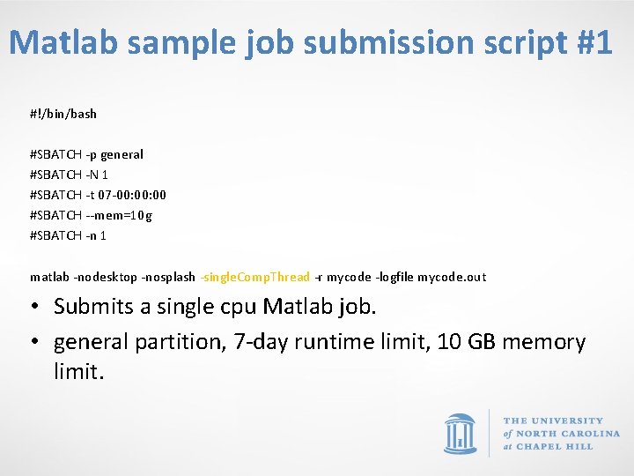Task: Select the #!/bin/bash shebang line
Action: point(63,114)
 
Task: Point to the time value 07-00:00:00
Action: point(132,195)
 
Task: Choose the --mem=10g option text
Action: point(118,215)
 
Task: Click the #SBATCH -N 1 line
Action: point(69,175)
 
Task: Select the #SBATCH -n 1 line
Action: point(69,235)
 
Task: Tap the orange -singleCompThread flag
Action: point(255,277)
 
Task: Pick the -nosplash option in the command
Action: point(168,277)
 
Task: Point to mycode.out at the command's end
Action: point(451,277)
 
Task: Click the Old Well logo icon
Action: point(461,434)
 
